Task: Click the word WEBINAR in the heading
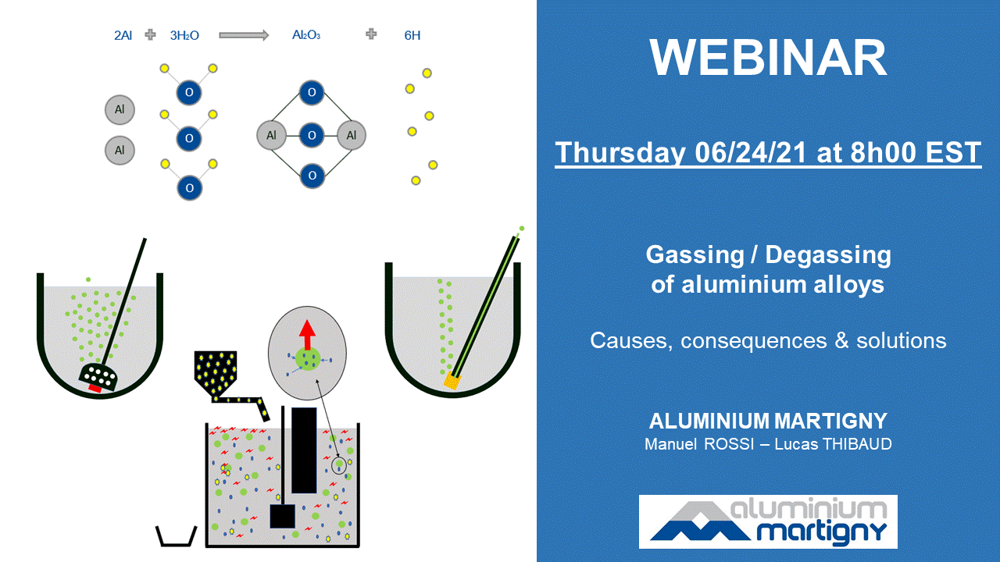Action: pos(768,58)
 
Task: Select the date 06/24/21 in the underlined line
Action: pos(751,152)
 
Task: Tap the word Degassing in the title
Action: pos(828,255)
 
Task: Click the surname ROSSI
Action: pos(729,444)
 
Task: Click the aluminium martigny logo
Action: pos(768,521)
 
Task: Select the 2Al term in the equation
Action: pos(123,35)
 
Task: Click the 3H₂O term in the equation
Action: pos(184,35)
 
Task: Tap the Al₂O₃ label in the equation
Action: pos(306,35)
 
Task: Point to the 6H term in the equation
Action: pos(412,35)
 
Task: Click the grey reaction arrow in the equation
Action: pos(244,35)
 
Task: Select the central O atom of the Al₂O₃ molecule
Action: pos(312,135)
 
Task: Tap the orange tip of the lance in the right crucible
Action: pos(452,382)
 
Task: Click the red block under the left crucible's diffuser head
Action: pos(95,388)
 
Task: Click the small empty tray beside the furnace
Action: pos(177,536)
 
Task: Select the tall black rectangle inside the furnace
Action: pos(304,450)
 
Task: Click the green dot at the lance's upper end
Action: pos(522,229)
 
